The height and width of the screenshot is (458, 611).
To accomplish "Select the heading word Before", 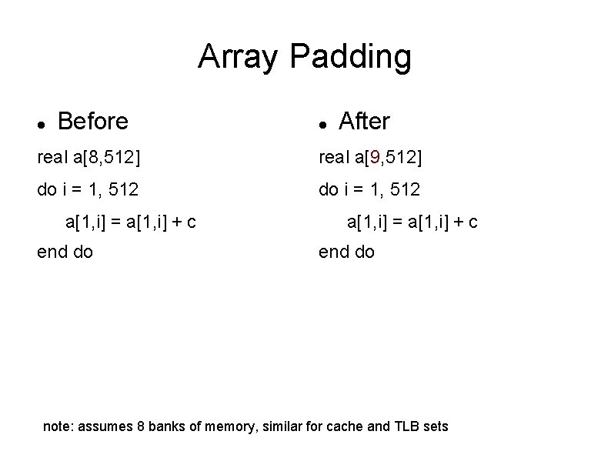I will click(93, 121).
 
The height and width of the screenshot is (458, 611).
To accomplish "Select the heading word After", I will click(364, 121).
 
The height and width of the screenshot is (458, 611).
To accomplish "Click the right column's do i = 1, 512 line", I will click(369, 189).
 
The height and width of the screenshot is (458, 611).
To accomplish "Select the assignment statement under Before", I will click(131, 222).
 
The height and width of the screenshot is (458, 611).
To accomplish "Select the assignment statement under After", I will click(412, 222).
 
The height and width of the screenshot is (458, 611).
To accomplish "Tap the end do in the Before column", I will click(65, 252).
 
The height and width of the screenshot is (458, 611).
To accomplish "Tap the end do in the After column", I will click(347, 252).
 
